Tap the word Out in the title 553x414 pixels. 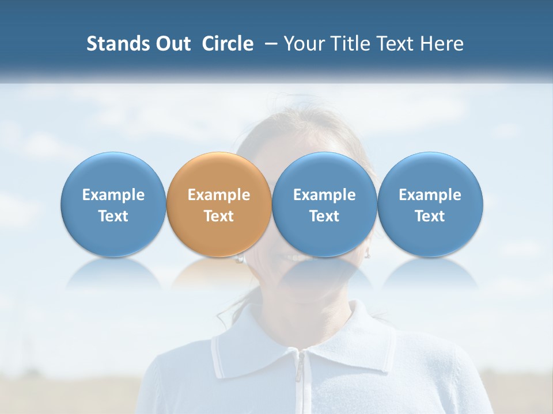pos(172,44)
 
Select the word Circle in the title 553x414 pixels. pos(228,44)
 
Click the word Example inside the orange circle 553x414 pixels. pos(219,195)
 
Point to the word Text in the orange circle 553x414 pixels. pos(219,216)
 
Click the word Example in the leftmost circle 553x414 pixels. pos(113,195)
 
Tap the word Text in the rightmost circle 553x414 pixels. pos(430,216)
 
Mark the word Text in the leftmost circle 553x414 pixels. pos(113,216)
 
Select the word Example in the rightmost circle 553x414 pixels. pos(430,195)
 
